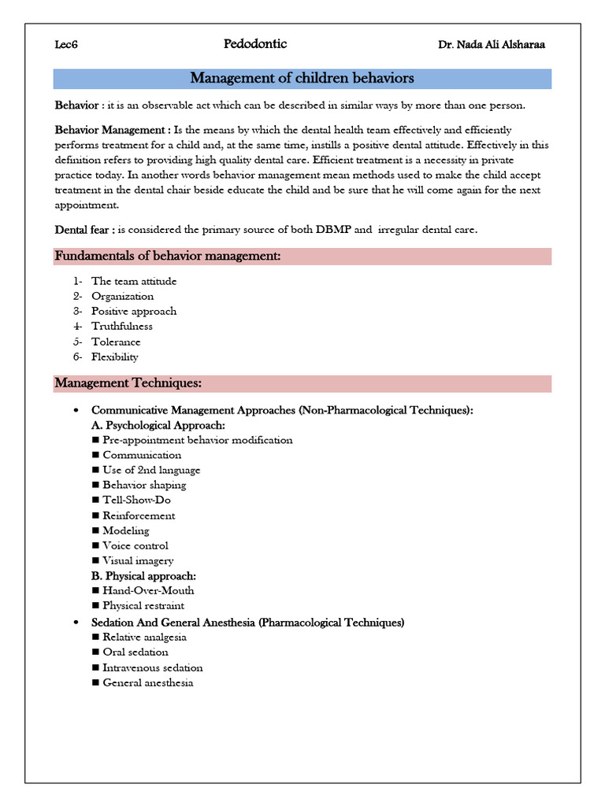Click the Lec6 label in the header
tap(66, 45)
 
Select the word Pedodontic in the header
tap(255, 44)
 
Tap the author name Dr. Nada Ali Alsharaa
tap(491, 45)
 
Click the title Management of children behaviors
tap(302, 79)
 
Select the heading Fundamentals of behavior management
tap(167, 257)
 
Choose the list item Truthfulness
tap(122, 327)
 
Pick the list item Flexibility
tap(115, 357)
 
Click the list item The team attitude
tap(134, 281)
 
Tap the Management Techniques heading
tap(128, 383)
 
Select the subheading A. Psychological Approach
tap(158, 425)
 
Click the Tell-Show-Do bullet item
tap(136, 500)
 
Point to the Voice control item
tap(135, 545)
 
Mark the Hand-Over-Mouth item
tap(148, 590)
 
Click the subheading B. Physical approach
tap(143, 576)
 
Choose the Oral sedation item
tap(135, 652)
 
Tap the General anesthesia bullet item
tap(148, 682)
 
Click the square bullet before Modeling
tap(95, 531)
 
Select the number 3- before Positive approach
tap(77, 311)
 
